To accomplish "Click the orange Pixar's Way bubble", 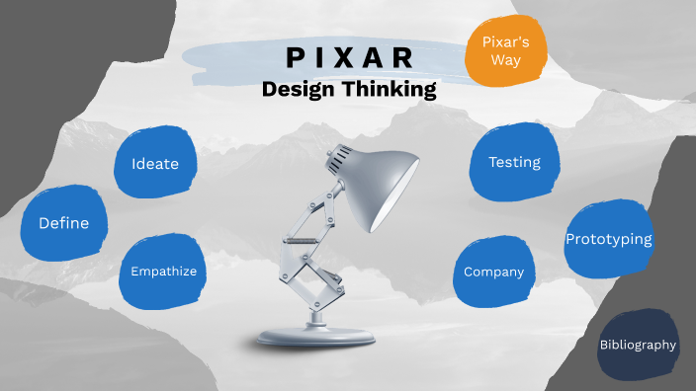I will click(x=506, y=51).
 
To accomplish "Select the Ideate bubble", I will click(x=154, y=163).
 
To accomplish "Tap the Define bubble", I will click(x=63, y=223).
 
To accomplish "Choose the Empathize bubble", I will click(x=164, y=271).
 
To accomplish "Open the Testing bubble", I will click(x=514, y=162).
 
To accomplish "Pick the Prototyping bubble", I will click(x=608, y=239).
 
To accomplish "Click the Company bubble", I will click(x=493, y=272).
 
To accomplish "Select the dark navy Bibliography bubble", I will click(x=638, y=345).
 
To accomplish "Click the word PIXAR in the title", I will click(x=348, y=58).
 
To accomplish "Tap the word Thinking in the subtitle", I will click(x=389, y=90).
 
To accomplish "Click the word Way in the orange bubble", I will click(x=506, y=60).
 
